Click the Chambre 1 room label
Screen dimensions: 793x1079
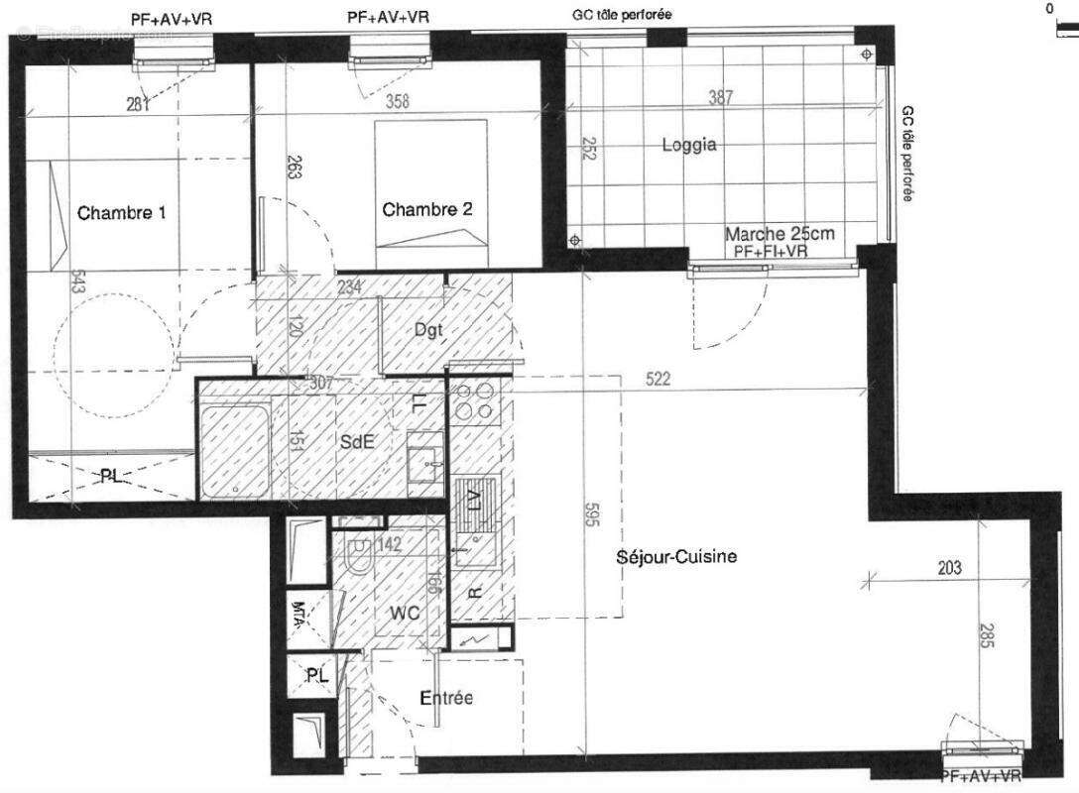pos(122,212)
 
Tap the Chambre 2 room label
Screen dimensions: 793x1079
pos(427,209)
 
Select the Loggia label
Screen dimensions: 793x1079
pos(689,145)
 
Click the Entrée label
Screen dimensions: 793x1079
pos(446,698)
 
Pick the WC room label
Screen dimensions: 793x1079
pos(404,614)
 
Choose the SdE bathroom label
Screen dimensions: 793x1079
pos(356,443)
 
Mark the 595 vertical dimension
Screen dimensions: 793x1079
pos(592,517)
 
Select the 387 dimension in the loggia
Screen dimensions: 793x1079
pos(721,97)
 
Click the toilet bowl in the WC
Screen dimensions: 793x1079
pos(359,556)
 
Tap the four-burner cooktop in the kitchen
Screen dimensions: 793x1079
pos(474,403)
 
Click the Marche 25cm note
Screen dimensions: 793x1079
pos(779,234)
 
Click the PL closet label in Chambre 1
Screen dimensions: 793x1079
pos(111,476)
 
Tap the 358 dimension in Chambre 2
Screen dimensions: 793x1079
pos(397,101)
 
